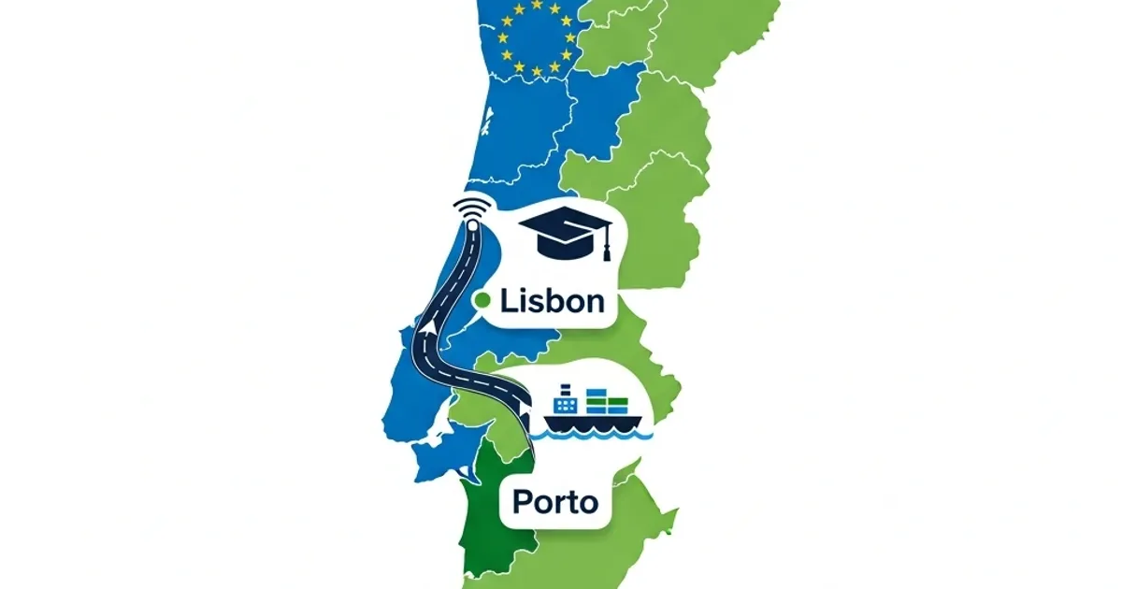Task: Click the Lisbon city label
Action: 552,301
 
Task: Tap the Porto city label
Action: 555,502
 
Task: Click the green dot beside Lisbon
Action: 483,300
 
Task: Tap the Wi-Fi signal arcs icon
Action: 470,207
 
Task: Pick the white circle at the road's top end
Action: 472,225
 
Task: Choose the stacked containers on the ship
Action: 605,403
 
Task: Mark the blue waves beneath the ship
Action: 598,435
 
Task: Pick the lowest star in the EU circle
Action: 536,72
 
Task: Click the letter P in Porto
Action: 521,502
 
